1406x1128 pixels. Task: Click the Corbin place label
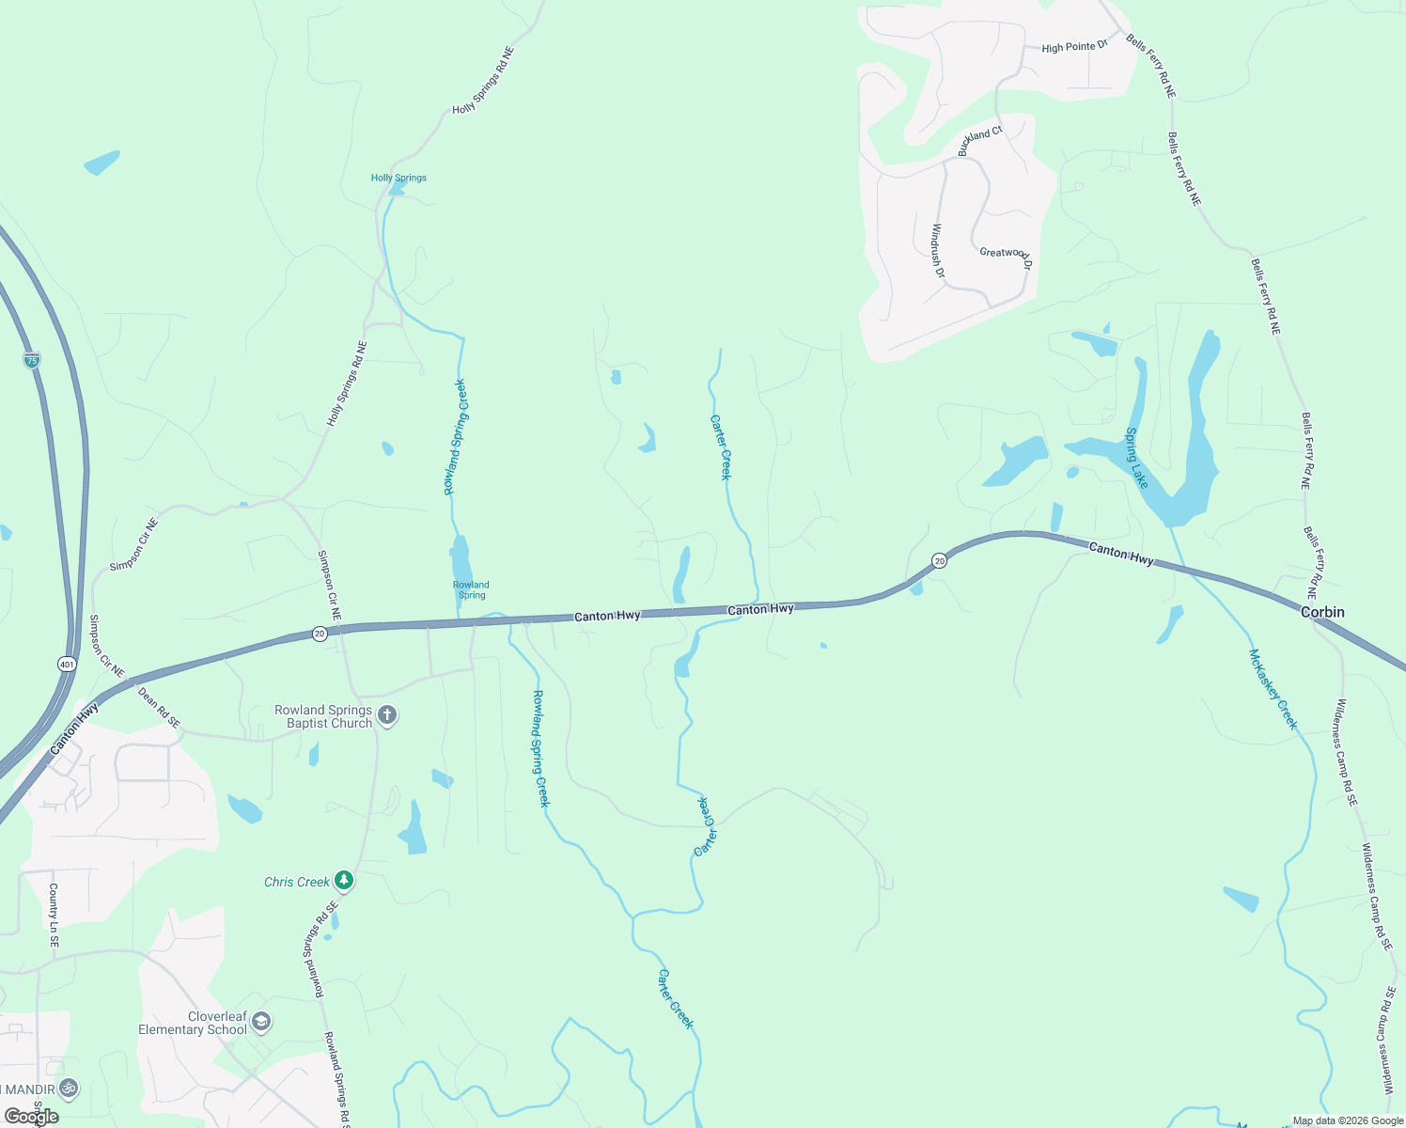coord(1322,612)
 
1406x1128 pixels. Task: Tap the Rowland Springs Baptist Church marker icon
coord(386,716)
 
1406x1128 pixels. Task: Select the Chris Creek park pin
coord(345,881)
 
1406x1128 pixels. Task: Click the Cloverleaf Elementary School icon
coord(261,1022)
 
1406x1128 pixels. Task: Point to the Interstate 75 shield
coord(32,359)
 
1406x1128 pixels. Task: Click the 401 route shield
coord(66,665)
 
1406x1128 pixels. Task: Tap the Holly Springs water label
coord(398,178)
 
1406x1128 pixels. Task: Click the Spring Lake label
coord(1136,458)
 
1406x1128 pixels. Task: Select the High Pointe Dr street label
coord(1074,47)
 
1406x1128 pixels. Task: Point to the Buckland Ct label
coord(980,141)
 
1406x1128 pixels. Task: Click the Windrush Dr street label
coord(937,250)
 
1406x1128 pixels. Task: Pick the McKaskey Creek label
coord(1273,689)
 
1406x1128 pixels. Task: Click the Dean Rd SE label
coord(159,708)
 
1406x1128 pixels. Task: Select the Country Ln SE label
coord(54,914)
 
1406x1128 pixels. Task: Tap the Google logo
coord(32,1116)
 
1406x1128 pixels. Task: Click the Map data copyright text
coord(1348,1120)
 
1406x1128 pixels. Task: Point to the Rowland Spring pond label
coord(471,589)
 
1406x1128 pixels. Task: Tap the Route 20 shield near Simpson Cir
coord(320,634)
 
